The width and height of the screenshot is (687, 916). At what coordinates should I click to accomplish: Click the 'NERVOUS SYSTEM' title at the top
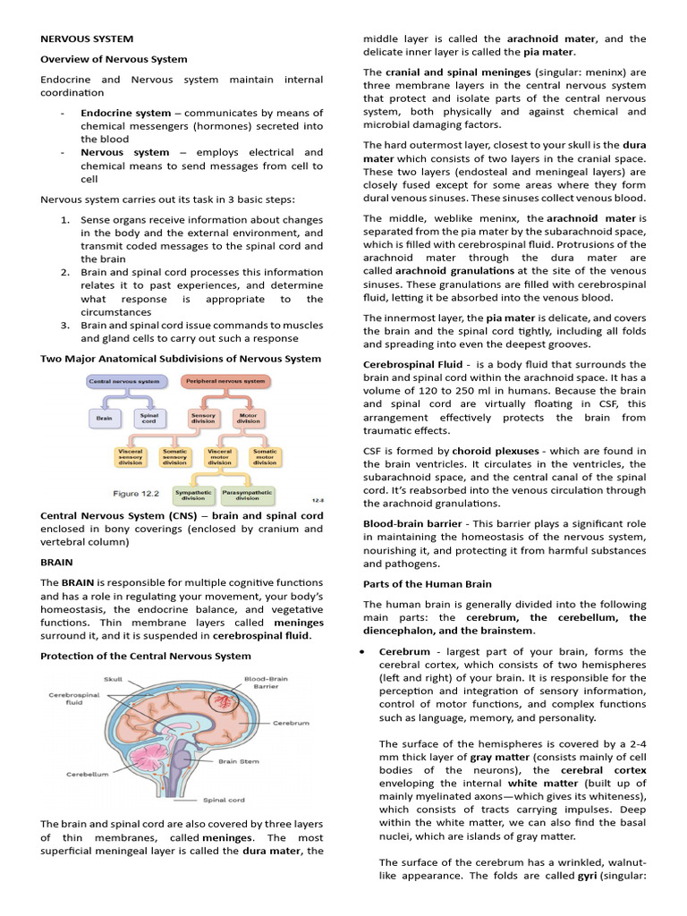point(87,39)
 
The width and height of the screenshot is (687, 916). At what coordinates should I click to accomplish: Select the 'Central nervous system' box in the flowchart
point(124,381)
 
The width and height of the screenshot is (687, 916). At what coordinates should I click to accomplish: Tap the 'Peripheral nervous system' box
point(225,381)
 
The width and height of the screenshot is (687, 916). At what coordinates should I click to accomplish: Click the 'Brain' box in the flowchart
point(104,418)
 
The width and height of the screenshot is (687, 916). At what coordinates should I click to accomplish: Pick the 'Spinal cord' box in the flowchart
point(148,418)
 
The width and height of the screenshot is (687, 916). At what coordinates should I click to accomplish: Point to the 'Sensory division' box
point(204,418)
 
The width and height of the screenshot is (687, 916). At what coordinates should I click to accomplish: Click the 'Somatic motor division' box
point(264,456)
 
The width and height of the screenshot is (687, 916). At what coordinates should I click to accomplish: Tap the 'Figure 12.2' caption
point(138,493)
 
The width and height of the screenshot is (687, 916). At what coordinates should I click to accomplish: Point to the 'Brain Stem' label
point(239,762)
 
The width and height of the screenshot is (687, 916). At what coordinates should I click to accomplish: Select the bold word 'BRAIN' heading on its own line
point(57,563)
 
